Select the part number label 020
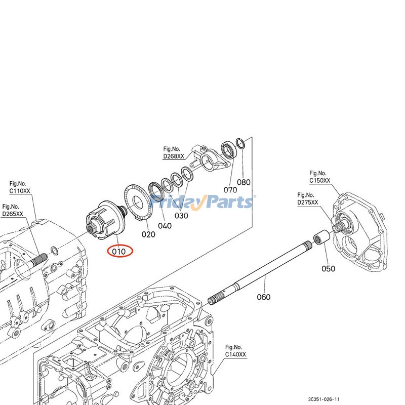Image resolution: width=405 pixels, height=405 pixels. (148, 234)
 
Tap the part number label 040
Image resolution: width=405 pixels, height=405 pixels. (165, 226)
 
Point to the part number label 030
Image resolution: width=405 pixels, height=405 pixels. (181, 216)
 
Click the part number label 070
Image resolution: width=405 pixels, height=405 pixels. (230, 190)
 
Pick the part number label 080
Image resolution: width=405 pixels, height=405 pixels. (244, 182)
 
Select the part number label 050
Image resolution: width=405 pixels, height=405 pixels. (328, 268)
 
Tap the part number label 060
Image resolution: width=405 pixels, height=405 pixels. (263, 297)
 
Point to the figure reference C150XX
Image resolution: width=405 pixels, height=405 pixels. (320, 180)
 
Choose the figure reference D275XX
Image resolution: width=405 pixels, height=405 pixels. (308, 202)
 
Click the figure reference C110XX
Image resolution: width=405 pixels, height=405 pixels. (20, 190)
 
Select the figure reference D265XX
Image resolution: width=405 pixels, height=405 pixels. (13, 214)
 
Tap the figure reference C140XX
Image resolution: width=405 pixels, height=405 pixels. (235, 355)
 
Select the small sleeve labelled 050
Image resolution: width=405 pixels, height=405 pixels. (320, 237)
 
